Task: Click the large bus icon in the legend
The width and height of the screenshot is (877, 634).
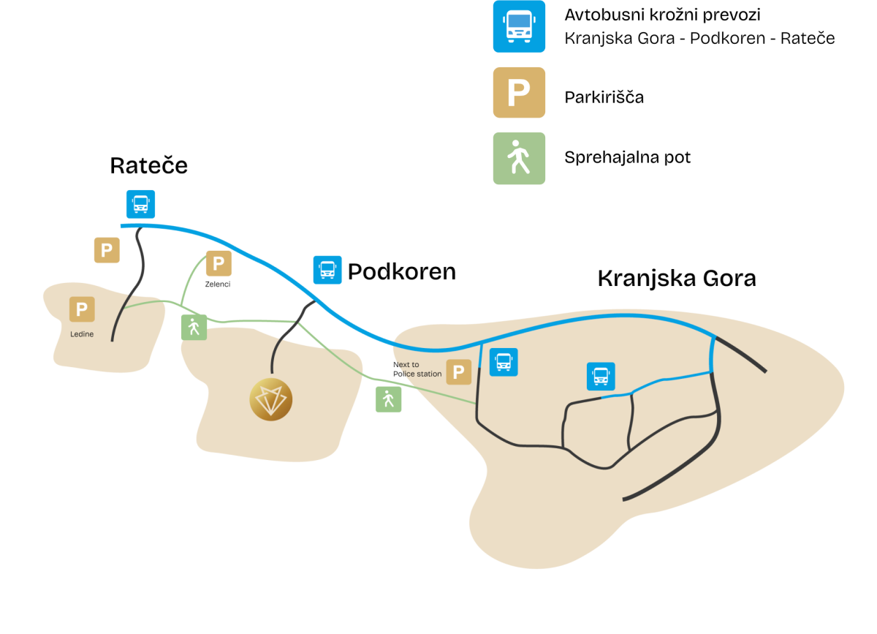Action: tap(519, 26)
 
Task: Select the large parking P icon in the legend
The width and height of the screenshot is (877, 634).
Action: tap(519, 92)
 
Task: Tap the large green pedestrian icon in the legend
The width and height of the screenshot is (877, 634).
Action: tap(519, 158)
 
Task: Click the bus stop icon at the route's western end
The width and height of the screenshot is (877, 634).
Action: tap(140, 204)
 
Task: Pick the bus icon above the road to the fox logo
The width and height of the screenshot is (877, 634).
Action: tap(327, 270)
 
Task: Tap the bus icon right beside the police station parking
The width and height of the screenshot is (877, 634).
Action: tap(504, 362)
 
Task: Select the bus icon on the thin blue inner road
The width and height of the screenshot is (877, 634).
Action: tap(601, 377)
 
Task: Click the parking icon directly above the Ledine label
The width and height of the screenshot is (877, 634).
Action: tap(82, 309)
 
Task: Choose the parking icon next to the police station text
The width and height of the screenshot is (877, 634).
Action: tap(458, 372)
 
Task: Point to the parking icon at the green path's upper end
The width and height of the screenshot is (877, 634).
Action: tap(219, 263)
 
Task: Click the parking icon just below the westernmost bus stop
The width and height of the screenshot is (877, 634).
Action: tap(107, 250)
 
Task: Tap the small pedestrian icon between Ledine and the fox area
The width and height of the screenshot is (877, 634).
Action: tap(194, 328)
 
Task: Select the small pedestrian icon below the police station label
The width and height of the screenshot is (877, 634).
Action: tap(388, 399)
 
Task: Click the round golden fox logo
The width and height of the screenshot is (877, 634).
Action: tap(271, 400)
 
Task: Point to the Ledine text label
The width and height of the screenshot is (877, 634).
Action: tap(82, 334)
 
